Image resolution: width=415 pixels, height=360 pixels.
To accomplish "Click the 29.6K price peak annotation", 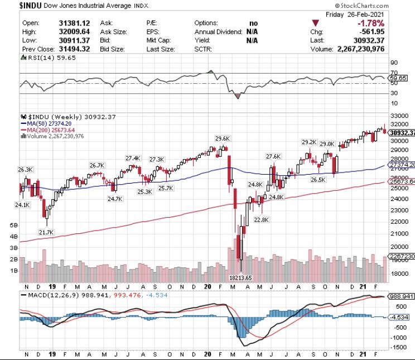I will point(223,138).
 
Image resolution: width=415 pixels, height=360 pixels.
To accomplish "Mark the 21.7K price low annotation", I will point(46,232).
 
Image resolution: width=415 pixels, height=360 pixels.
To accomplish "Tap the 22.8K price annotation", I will point(260,219).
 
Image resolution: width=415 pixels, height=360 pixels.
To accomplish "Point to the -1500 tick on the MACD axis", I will point(398,347).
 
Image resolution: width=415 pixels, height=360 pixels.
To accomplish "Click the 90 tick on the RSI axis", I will point(394,63).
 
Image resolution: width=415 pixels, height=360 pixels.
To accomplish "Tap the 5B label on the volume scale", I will point(14,225).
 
